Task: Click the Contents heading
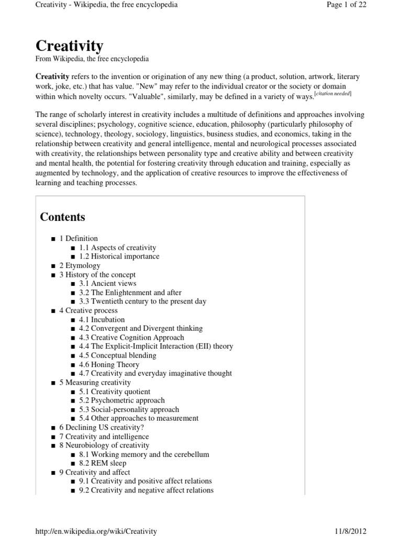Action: click(63, 217)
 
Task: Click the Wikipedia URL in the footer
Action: click(96, 531)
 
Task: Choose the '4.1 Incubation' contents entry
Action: click(102, 319)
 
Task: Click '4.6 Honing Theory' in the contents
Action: click(109, 364)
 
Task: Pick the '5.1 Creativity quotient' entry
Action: click(115, 392)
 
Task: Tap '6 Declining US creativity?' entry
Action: click(101, 428)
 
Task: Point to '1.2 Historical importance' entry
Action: click(119, 256)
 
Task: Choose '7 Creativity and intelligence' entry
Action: click(104, 437)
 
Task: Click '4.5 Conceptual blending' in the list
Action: click(117, 355)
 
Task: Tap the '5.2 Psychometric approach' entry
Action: click(122, 400)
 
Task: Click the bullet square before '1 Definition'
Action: click(53, 239)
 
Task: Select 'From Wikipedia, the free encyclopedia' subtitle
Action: click(92, 59)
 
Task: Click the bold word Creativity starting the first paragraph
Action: click(52, 76)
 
